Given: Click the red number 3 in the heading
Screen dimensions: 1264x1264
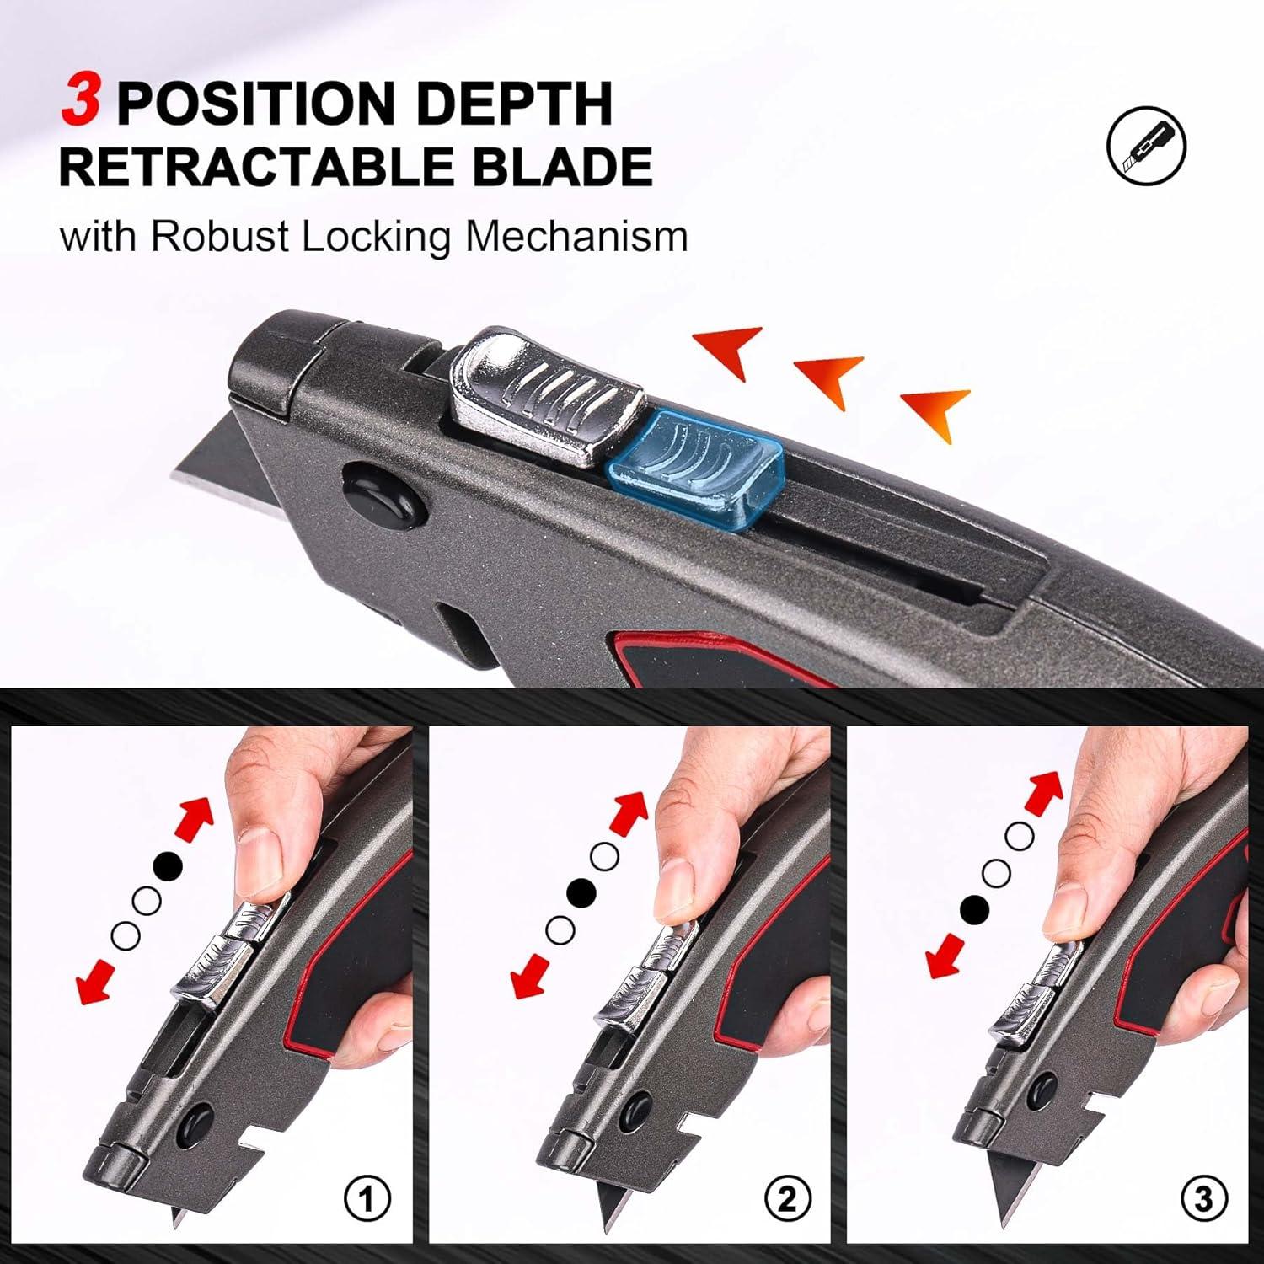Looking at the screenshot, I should pyautogui.click(x=81, y=102).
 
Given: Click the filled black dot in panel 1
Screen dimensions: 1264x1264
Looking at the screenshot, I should pyautogui.click(x=168, y=865).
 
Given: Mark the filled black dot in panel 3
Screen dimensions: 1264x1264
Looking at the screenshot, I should pyautogui.click(x=974, y=908).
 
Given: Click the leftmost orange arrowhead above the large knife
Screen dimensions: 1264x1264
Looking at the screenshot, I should pyautogui.click(x=730, y=350).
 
